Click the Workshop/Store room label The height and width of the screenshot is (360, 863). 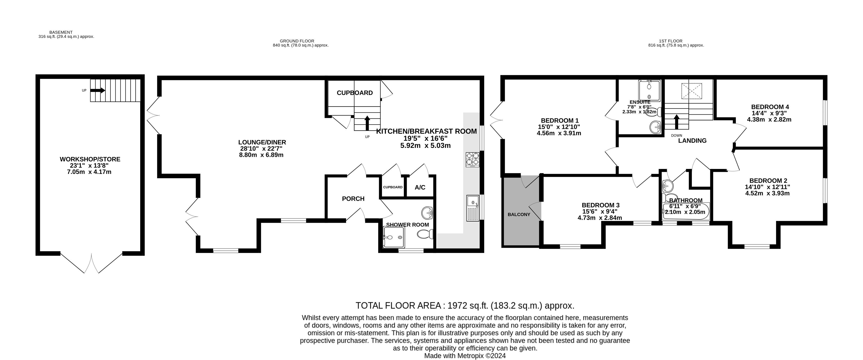(x=90, y=159)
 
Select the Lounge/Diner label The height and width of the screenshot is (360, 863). (x=262, y=142)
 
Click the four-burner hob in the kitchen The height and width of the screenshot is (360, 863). (x=472, y=159)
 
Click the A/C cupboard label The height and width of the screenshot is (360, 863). (x=420, y=188)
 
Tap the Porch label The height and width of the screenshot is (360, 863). (x=353, y=199)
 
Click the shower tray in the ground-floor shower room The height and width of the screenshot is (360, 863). (x=394, y=238)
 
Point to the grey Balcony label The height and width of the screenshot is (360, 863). (x=519, y=214)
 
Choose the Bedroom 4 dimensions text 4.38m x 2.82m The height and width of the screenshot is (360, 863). (x=769, y=120)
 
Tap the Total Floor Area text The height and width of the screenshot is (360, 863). (x=465, y=306)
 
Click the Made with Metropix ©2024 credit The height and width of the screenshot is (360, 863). (x=465, y=356)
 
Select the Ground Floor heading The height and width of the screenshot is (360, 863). (x=297, y=41)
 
